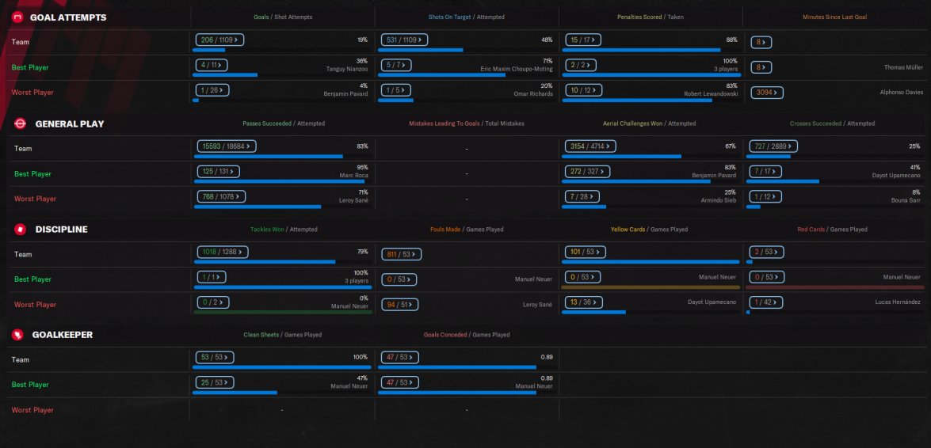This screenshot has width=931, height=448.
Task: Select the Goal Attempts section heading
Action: click(67, 17)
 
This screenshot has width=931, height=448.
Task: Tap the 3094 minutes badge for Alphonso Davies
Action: click(767, 92)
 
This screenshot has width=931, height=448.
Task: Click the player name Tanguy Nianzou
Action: click(347, 69)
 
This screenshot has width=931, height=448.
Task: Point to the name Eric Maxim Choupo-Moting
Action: click(517, 69)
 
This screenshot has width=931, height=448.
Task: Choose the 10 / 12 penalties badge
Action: click(587, 90)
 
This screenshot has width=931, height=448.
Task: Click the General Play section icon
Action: click(20, 123)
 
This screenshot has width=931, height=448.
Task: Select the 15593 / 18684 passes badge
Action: click(226, 146)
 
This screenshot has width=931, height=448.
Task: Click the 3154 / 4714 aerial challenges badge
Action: click(590, 146)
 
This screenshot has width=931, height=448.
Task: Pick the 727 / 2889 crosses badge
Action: click(773, 146)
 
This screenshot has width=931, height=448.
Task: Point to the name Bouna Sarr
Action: click(906, 201)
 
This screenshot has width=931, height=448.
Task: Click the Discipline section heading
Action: click(61, 229)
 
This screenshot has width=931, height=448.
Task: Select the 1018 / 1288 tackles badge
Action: click(222, 252)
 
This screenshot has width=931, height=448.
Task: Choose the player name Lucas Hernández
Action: click(899, 304)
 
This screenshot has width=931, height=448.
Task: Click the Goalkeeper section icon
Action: click(17, 335)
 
